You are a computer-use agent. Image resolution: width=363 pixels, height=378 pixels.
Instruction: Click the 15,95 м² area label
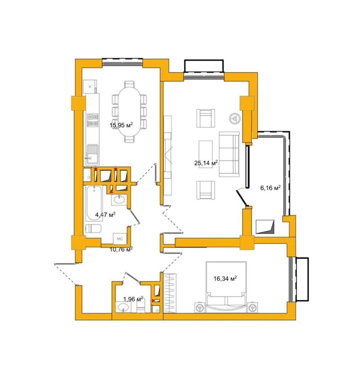coord(121,125)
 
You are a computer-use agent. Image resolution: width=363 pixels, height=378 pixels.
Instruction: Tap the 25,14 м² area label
coord(206,163)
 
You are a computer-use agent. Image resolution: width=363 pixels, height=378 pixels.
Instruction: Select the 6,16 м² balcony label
coord(270,187)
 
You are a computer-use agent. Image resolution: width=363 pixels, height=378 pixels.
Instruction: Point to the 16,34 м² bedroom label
coord(225,279)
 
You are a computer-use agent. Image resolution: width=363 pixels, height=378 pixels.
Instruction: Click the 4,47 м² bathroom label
coord(105,214)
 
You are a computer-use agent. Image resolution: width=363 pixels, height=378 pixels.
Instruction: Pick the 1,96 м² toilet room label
coord(133,299)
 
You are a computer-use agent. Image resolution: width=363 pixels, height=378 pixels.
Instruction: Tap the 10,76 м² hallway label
coord(121,249)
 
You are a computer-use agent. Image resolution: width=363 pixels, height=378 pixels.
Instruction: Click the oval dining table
coord(129,111)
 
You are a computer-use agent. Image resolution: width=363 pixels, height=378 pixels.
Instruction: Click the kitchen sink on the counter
coord(93,154)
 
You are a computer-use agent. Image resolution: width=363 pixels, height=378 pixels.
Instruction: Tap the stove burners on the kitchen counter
coord(93,120)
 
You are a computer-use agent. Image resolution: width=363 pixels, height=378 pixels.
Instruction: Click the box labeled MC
coord(119,239)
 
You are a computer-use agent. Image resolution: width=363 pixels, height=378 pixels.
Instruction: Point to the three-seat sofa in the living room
coord(229,154)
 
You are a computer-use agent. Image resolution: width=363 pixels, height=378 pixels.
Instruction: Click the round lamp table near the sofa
coord(234,118)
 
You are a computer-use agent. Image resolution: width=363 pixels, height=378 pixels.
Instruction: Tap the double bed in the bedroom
coord(226,287)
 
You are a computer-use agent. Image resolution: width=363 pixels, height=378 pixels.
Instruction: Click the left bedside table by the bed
coord(200,307)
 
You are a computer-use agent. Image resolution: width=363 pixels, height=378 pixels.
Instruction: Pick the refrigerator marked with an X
coord(90,87)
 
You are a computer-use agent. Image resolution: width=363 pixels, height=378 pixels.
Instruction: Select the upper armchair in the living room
coord(206,118)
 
